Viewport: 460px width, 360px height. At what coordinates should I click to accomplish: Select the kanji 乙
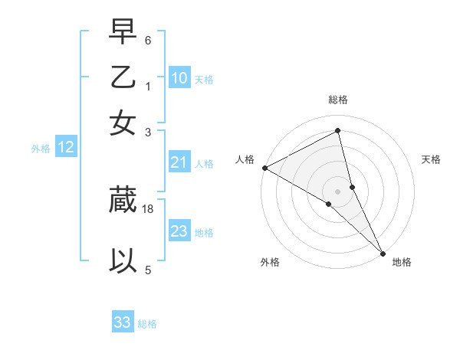pyautogui.click(x=123, y=78)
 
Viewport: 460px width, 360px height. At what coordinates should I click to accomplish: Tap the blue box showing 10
pyautogui.click(x=179, y=77)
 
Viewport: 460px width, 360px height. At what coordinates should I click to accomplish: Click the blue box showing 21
pyautogui.click(x=179, y=162)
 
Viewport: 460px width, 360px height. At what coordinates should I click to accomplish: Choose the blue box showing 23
pyautogui.click(x=179, y=231)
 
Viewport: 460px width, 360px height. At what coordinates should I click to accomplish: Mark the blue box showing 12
pyautogui.click(x=66, y=148)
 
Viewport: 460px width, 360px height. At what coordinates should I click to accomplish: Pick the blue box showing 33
pyautogui.click(x=123, y=322)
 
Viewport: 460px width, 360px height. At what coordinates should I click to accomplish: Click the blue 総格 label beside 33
pyautogui.click(x=147, y=324)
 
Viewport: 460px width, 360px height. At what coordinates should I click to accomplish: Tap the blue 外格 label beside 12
pyautogui.click(x=41, y=149)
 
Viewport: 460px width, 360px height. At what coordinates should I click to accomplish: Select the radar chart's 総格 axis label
pyautogui.click(x=338, y=100)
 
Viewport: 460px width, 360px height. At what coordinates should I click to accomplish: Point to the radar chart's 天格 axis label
pyautogui.click(x=432, y=159)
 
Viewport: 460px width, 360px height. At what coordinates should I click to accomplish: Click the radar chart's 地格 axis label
pyautogui.click(x=402, y=262)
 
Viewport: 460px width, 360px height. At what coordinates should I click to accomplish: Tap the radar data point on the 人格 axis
pyautogui.click(x=264, y=168)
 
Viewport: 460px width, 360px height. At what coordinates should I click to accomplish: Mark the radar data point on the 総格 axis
pyautogui.click(x=338, y=131)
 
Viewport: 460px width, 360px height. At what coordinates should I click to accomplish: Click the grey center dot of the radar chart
pyautogui.click(x=338, y=191)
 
